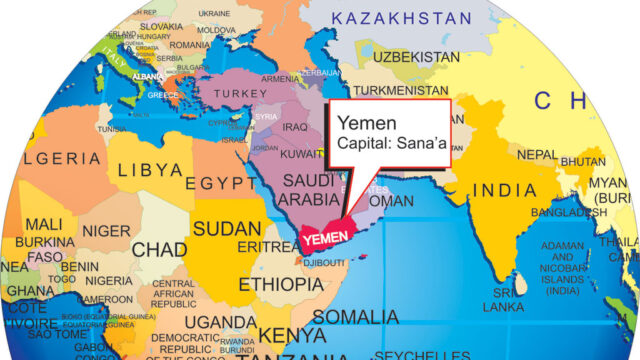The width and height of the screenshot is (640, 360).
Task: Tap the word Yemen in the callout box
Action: (x=360, y=122)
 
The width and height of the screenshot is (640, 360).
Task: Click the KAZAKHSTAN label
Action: (x=401, y=18)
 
